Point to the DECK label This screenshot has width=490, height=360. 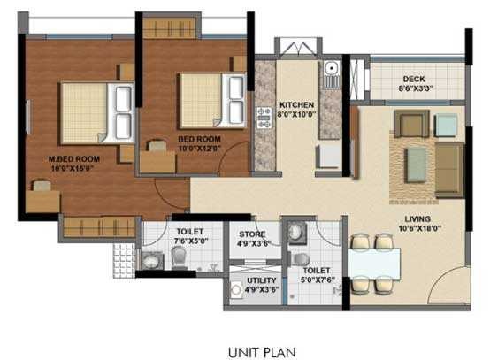(414, 78)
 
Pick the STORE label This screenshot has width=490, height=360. (252, 234)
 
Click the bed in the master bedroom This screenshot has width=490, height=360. (96, 111)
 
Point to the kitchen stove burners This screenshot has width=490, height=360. (263, 113)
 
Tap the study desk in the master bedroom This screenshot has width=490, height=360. (42, 199)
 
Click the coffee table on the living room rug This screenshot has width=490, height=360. (414, 160)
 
